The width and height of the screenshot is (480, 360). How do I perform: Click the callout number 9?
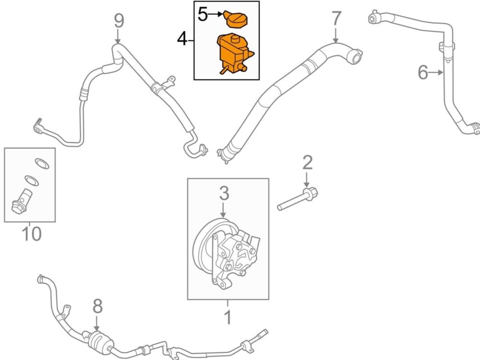(x=119, y=21)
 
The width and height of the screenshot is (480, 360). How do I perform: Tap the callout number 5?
(x=203, y=14)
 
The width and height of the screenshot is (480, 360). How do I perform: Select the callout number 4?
(x=182, y=39)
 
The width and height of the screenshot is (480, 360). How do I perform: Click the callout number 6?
(x=423, y=72)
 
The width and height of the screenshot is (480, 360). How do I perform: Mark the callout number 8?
(x=97, y=306)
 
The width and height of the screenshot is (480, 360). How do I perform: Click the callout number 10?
(x=32, y=234)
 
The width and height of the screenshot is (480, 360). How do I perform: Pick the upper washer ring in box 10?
(x=42, y=164)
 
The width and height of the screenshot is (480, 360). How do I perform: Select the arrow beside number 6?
(x=436, y=72)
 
